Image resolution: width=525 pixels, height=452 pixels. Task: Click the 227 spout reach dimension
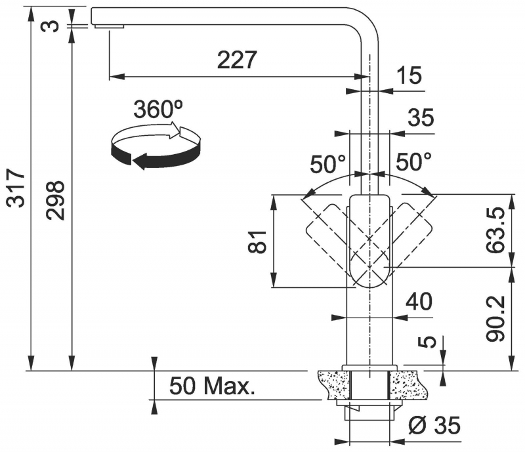point(237,60)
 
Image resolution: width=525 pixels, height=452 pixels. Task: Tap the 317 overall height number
point(16,188)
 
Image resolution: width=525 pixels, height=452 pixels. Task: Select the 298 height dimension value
point(55,201)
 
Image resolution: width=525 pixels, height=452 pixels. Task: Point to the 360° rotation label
point(158,109)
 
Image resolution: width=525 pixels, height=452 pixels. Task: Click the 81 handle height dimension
point(257,241)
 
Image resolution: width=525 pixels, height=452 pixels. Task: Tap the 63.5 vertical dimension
point(495,230)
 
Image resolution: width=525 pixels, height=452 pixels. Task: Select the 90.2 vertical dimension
point(495,319)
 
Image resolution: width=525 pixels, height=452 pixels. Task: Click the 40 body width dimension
point(419,301)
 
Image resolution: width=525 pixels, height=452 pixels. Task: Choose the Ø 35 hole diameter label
point(434,425)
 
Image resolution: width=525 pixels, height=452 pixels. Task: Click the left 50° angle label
point(327,165)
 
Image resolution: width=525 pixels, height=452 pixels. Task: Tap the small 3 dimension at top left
point(50,26)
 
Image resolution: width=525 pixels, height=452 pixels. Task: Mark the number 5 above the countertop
point(427,342)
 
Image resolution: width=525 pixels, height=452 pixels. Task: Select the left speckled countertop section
point(333,384)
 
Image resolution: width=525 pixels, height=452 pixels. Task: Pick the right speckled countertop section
point(408,384)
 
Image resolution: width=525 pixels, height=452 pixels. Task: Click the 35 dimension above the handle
point(421,118)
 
